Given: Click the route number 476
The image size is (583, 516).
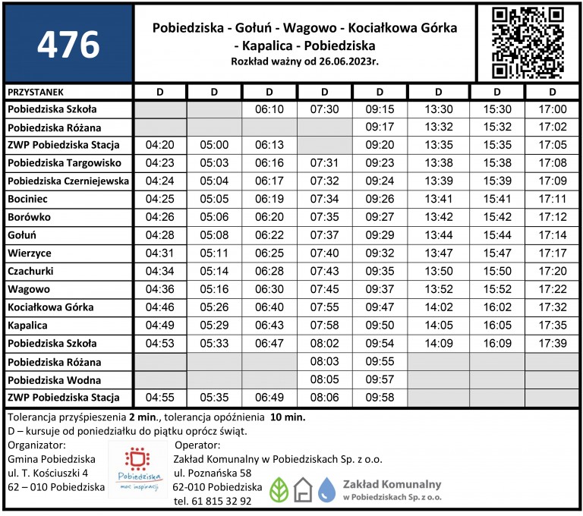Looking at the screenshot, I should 68,45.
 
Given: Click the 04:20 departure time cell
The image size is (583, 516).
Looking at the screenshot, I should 159,145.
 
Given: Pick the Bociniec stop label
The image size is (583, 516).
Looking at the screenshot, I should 30,199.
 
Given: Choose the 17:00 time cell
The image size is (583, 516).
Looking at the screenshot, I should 551,109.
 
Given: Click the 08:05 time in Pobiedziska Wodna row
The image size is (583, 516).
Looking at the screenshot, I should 325,379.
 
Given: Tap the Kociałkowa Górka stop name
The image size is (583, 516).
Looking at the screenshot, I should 50,307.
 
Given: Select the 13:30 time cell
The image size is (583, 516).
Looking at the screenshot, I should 439,109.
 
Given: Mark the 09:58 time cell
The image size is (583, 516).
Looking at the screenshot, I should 380,398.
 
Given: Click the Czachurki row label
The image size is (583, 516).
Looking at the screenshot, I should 31,271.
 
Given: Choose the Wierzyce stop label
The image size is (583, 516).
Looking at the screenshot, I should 30,253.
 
